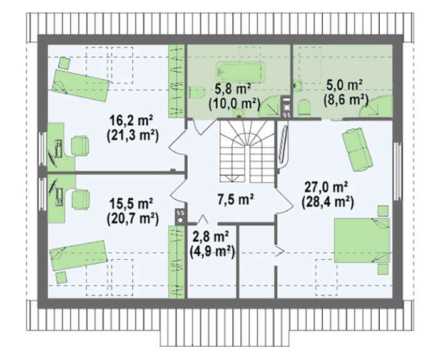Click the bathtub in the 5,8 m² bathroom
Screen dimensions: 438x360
click(x=240, y=72)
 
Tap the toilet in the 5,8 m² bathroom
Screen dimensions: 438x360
click(x=196, y=93)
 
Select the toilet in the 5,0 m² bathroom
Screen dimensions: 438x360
click(x=304, y=107)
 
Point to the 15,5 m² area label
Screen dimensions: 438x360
click(x=131, y=203)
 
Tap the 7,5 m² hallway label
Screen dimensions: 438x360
click(x=235, y=199)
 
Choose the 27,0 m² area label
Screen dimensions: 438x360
click(x=326, y=187)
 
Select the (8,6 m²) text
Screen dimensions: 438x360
click(x=346, y=100)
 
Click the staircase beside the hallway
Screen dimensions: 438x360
click(x=247, y=152)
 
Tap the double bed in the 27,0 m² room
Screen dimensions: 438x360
click(x=362, y=240)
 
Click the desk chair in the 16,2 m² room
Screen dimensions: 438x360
click(x=80, y=145)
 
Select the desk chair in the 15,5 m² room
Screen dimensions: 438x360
click(x=81, y=199)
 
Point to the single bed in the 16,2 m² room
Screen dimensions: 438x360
click(x=80, y=86)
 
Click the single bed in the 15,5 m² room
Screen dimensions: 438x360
click(x=78, y=255)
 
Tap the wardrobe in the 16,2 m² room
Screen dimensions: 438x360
click(x=176, y=81)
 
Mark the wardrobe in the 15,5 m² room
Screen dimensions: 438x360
click(x=176, y=262)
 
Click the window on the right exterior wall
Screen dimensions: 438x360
click(x=397, y=172)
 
